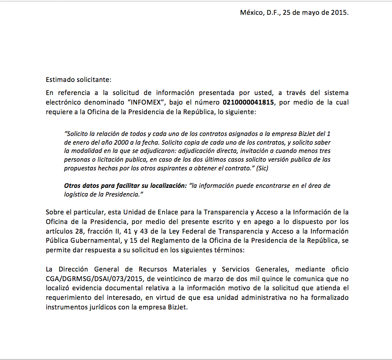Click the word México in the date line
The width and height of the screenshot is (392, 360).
pos(250,12)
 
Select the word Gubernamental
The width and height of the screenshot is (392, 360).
pos(92,240)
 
